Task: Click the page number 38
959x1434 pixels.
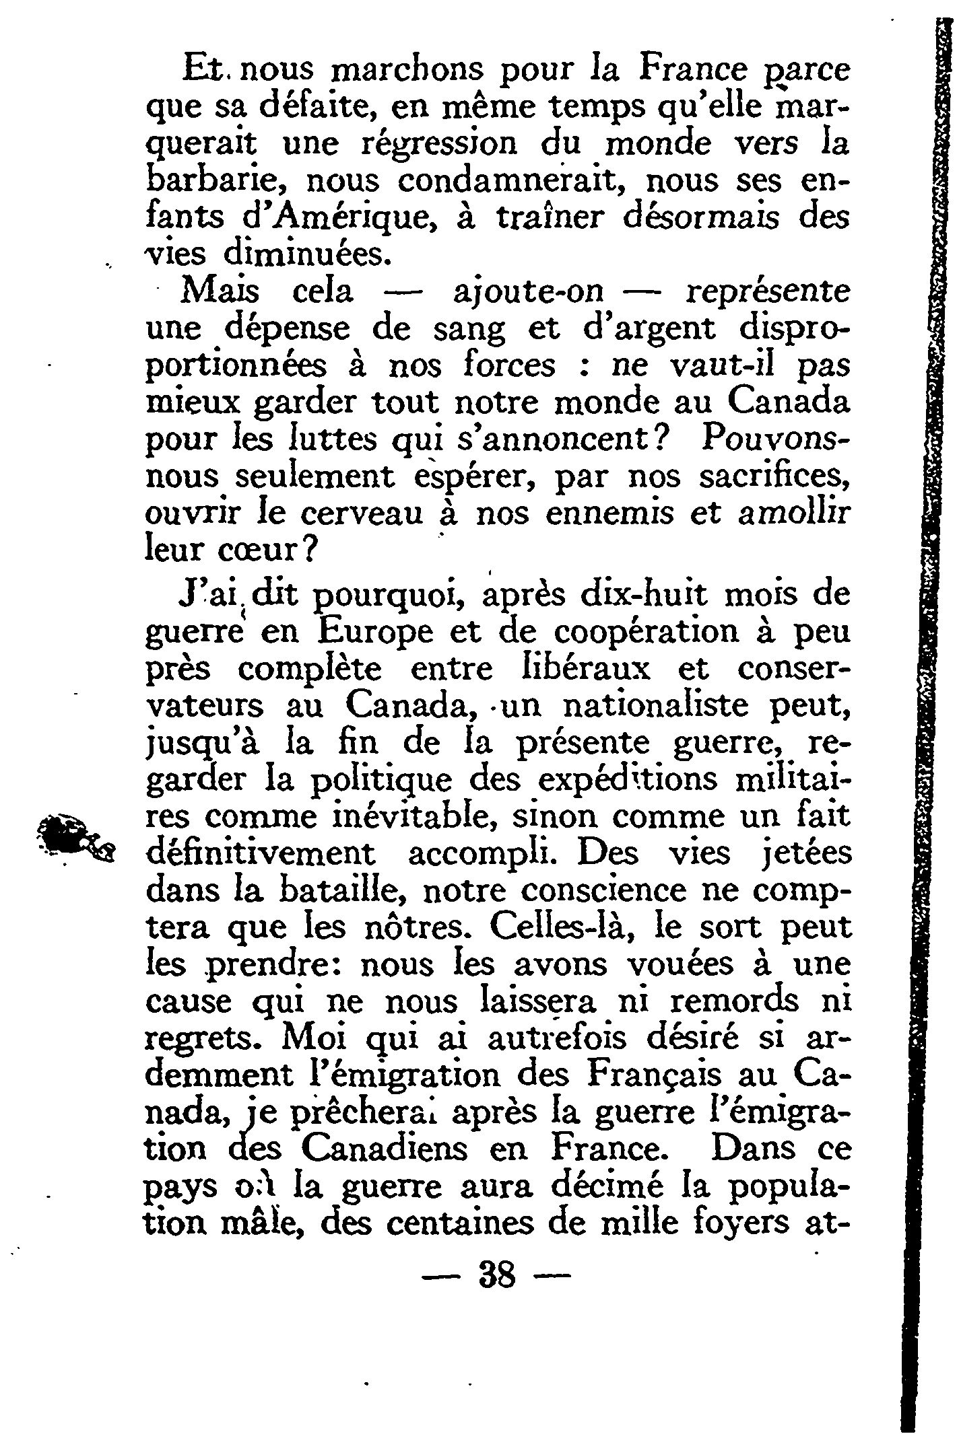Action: click(x=496, y=1275)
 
